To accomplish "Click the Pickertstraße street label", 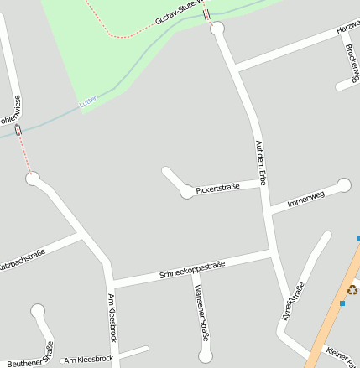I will pyautogui.click(x=217, y=188).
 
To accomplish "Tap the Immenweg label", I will pyautogui.click(x=305, y=200).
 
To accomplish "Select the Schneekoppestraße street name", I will pyautogui.click(x=192, y=270).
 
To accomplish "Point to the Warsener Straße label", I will pyautogui.click(x=201, y=313).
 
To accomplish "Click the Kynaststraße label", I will pyautogui.click(x=293, y=302).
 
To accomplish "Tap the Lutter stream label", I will pyautogui.click(x=88, y=101).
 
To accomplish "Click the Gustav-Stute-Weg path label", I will pyautogui.click(x=179, y=18).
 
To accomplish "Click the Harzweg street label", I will pyautogui.click(x=347, y=31).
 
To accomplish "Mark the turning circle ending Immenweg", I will pyautogui.click(x=344, y=185).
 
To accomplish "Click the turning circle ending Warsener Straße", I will pyautogui.click(x=206, y=356).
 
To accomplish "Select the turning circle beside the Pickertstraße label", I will pyautogui.click(x=186, y=193).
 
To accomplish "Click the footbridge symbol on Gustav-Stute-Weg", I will pyautogui.click(x=206, y=13).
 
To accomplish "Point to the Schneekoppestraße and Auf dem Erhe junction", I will pyautogui.click(x=270, y=251).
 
